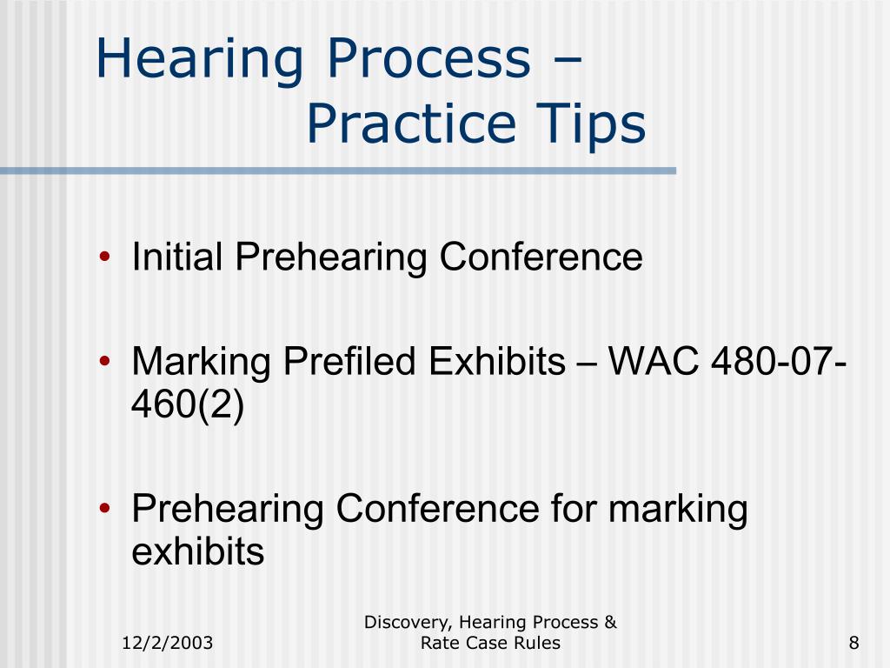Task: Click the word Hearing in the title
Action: click(199, 60)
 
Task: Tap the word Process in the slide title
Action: click(428, 60)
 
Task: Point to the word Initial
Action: click(177, 257)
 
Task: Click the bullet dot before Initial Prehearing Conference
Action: click(105, 258)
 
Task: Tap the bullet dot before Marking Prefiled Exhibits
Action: click(105, 361)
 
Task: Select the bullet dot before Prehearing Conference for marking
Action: click(105, 510)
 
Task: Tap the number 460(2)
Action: click(188, 404)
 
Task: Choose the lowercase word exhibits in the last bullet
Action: click(197, 551)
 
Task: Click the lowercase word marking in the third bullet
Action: click(678, 510)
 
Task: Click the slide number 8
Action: click(854, 643)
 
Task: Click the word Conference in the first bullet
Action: click(540, 257)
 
